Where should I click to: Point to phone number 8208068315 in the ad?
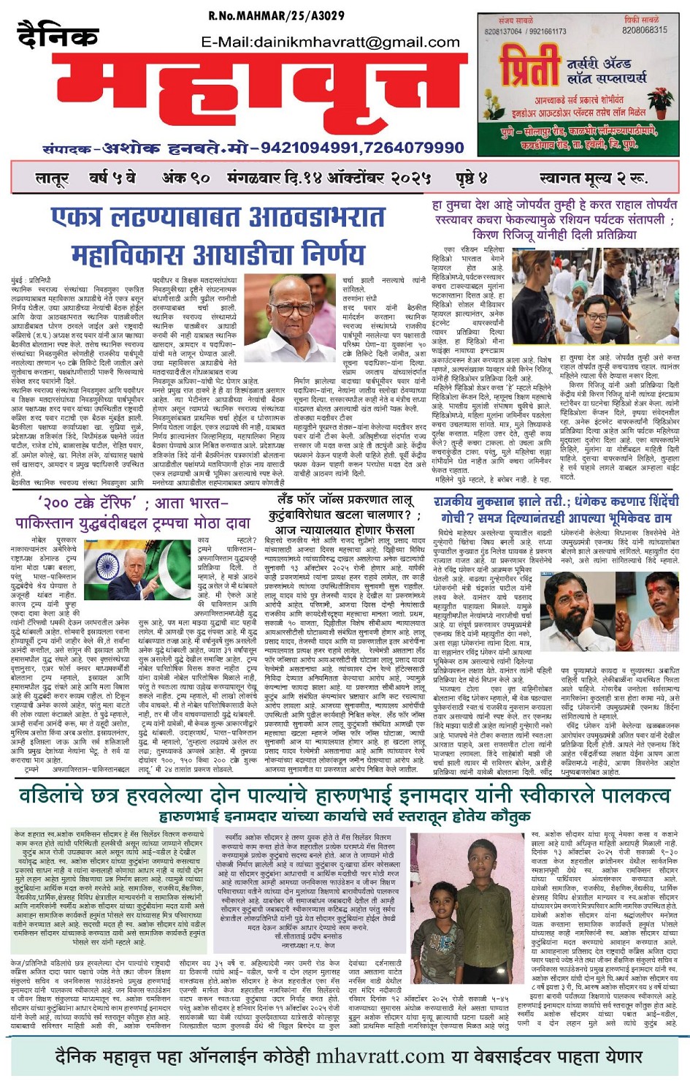[x=644, y=31]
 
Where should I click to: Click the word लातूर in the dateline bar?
[x=52, y=178]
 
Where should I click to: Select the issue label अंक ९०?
[x=185, y=178]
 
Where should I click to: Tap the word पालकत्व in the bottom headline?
[x=625, y=795]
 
